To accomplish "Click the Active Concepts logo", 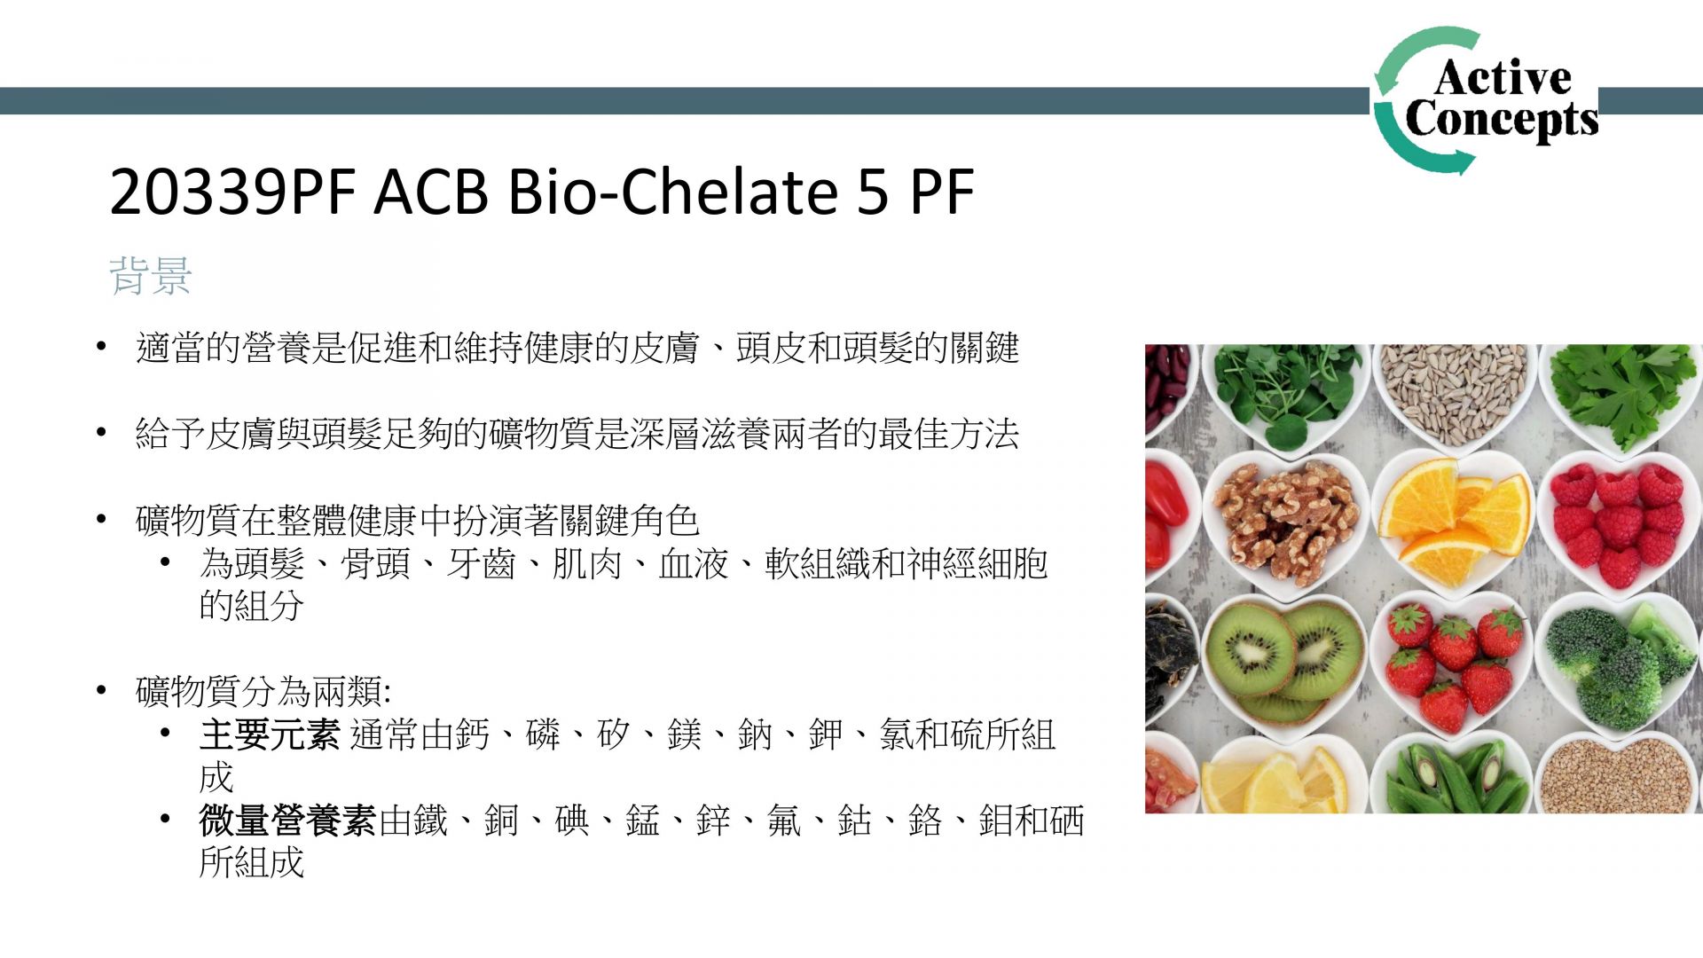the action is pyautogui.click(x=1486, y=100).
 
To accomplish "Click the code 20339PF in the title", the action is pyautogui.click(x=232, y=192).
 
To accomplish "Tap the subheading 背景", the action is pyautogui.click(x=150, y=275).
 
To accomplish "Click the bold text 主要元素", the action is pyautogui.click(x=270, y=734).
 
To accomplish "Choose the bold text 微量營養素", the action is pyautogui.click(x=287, y=821).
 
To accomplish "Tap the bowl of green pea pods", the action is pyautogui.click(x=1455, y=775).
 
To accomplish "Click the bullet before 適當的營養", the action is pyautogui.click(x=102, y=347).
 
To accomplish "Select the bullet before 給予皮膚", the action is pyautogui.click(x=102, y=433).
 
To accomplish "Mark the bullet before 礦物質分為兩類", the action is pyautogui.click(x=102, y=691).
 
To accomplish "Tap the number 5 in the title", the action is pyautogui.click(x=873, y=192).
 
